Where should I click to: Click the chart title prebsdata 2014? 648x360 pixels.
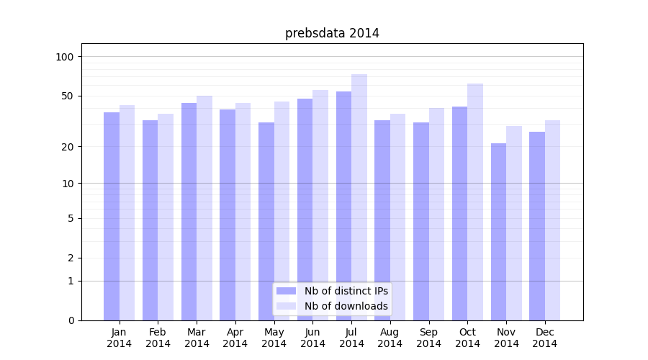tap(332, 33)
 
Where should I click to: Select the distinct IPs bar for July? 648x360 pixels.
tap(343, 205)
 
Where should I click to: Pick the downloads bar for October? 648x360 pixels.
tap(475, 202)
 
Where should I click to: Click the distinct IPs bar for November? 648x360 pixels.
tap(498, 231)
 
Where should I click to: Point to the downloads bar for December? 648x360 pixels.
tap(552, 220)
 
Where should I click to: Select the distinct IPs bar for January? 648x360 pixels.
tap(112, 216)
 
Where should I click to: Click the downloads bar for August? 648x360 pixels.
tap(397, 217)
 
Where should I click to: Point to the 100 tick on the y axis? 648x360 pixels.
tap(65, 57)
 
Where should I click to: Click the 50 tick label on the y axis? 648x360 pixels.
tap(68, 96)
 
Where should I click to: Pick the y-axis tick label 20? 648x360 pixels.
tap(68, 147)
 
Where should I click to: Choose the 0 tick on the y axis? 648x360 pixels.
tap(71, 320)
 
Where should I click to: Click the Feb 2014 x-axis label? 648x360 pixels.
tap(158, 338)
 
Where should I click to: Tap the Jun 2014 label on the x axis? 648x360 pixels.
tap(312, 338)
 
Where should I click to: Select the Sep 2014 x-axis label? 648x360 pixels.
tap(428, 338)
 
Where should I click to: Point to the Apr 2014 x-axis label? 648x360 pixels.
tap(235, 338)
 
